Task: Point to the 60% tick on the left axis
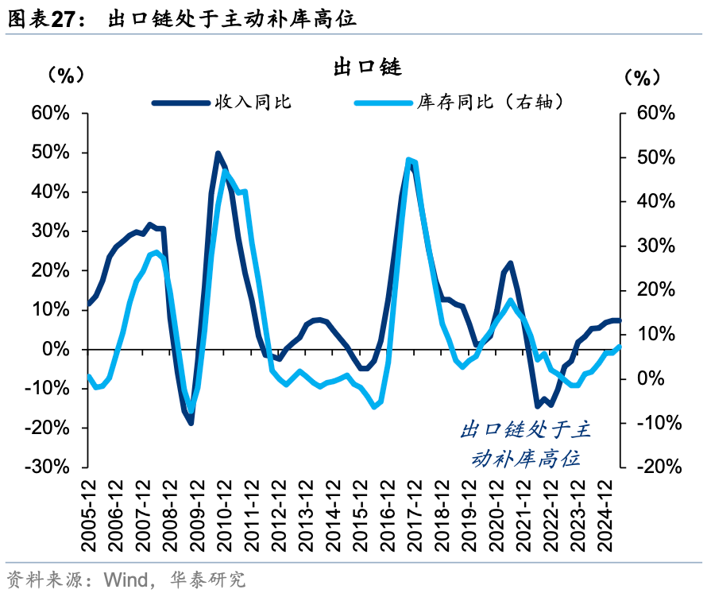pyautogui.click(x=50, y=113)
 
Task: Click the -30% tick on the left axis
pyautogui.click(x=48, y=467)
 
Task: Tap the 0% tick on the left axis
pyautogui.click(x=57, y=349)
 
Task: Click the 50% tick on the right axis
pyautogui.click(x=656, y=157)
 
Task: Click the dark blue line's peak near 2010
pyautogui.click(x=218, y=153)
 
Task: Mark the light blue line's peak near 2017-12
pyautogui.click(x=409, y=160)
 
